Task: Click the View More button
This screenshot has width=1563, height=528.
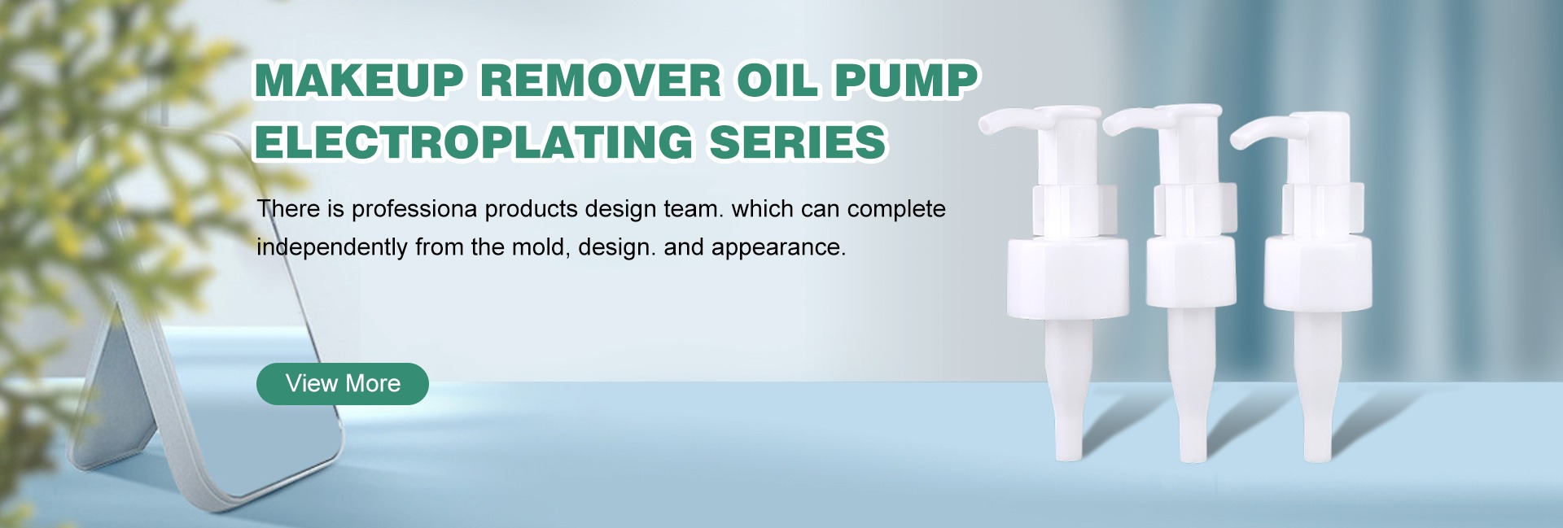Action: (x=343, y=383)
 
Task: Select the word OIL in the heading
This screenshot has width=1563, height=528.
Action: (x=777, y=81)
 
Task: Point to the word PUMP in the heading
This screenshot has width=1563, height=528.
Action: (x=906, y=81)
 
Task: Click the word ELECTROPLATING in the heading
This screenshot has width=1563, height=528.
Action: (x=473, y=142)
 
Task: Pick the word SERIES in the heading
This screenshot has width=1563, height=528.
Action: (x=797, y=142)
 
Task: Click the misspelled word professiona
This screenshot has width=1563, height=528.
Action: (x=414, y=209)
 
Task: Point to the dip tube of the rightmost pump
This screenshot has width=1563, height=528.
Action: (x=1316, y=386)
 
